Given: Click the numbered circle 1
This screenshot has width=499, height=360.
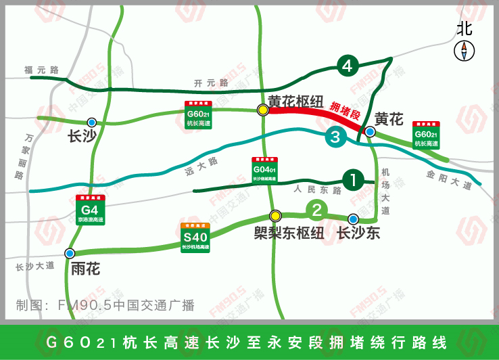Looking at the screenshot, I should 353,180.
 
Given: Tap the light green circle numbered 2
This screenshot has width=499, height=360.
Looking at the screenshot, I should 316,210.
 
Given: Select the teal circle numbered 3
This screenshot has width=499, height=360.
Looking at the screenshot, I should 336,137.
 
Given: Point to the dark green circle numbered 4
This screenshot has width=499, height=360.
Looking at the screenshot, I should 348,66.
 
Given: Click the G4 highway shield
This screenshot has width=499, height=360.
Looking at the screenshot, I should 90,210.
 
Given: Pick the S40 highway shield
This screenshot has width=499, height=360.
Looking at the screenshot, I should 195,238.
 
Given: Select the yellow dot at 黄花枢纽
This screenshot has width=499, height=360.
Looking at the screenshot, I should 262,110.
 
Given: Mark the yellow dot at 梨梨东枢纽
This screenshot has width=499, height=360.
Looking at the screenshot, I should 275,216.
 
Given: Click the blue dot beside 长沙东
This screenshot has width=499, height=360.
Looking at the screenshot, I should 353,219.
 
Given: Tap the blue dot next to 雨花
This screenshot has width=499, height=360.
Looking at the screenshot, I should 70,253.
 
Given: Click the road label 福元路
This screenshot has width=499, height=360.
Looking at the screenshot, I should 42,70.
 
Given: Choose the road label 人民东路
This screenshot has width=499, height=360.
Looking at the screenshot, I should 318,191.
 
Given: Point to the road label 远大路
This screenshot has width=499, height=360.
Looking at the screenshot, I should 202,166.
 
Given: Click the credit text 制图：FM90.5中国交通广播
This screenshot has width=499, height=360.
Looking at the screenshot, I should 105,305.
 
